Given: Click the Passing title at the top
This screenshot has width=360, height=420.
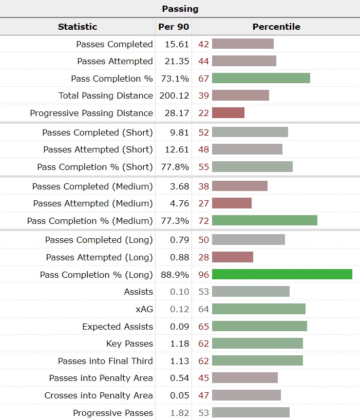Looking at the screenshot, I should (180, 9).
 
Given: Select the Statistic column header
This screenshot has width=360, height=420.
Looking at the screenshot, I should (78, 27).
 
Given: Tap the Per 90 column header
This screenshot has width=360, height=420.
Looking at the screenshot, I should (174, 27).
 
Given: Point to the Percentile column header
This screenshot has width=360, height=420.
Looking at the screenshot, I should (276, 27).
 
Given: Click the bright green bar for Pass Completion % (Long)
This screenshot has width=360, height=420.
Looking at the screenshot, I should (282, 275).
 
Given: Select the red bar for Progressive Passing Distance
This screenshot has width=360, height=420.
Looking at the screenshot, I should (228, 113).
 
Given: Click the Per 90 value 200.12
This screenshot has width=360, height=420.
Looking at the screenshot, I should (174, 96).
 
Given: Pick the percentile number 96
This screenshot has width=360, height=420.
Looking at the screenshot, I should (203, 275).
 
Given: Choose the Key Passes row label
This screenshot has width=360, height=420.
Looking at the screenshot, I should (129, 343).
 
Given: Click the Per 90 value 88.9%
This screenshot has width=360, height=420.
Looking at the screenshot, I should (174, 275).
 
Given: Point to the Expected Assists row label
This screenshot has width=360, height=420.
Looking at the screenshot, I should (118, 327).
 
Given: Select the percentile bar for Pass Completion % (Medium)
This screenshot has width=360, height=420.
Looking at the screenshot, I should (264, 221).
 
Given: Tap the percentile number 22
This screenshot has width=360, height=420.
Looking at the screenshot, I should (203, 113).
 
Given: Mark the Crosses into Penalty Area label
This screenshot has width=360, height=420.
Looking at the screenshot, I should (99, 395).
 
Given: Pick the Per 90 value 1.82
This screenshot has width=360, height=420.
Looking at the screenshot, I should (179, 413).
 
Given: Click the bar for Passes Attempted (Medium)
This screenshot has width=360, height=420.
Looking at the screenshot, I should (232, 203).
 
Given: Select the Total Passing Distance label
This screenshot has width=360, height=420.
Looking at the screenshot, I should (106, 96).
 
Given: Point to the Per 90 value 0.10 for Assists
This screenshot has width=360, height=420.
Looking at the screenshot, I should (179, 292).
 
